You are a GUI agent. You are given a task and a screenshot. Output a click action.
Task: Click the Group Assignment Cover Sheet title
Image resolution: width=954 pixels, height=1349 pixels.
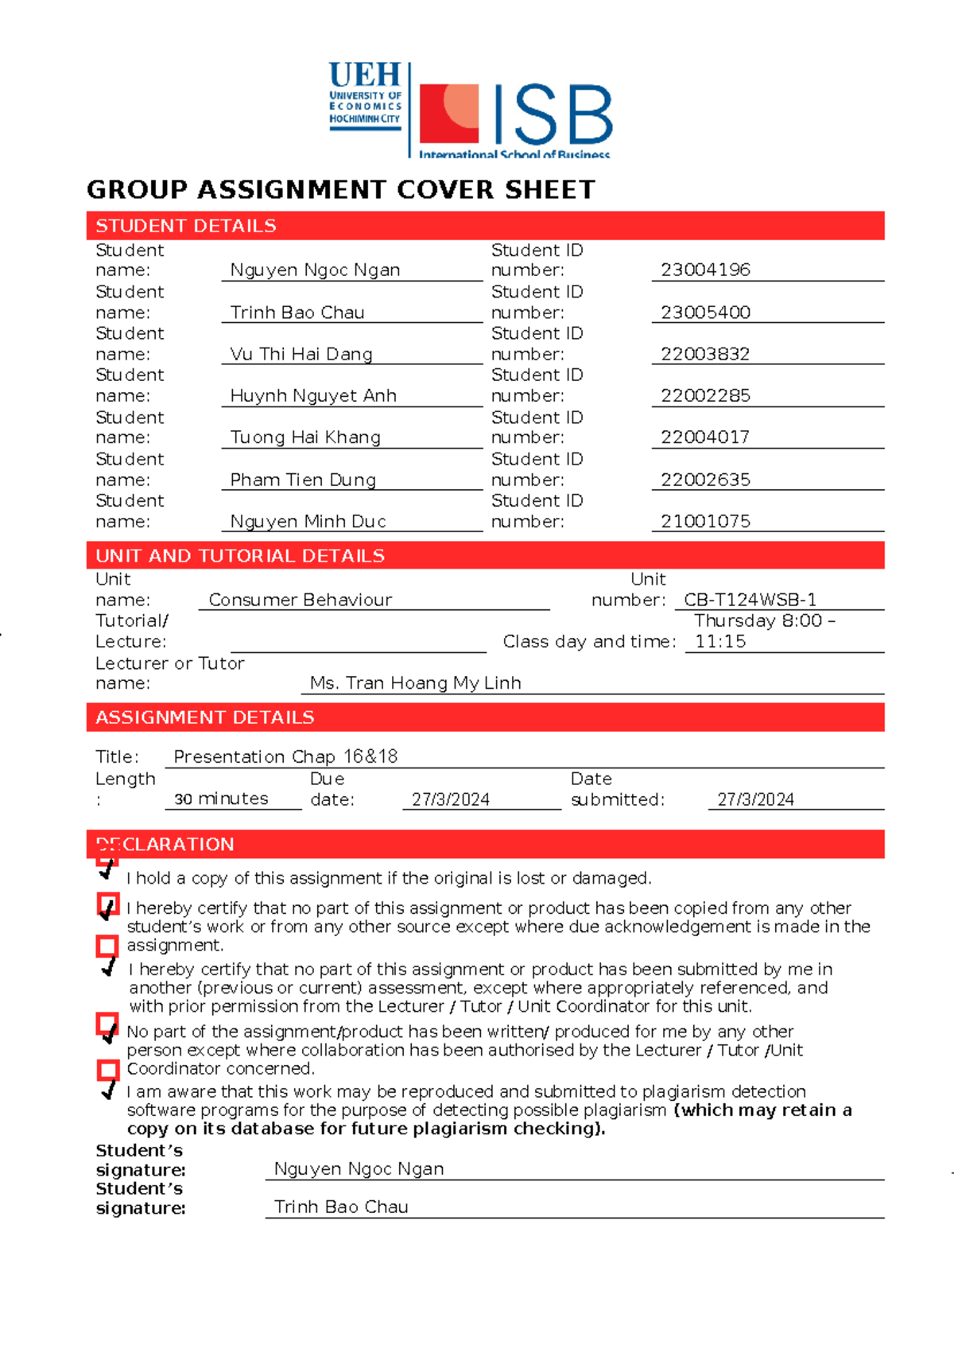click(340, 190)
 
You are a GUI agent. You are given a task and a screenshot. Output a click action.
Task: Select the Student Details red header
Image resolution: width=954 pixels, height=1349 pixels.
click(485, 226)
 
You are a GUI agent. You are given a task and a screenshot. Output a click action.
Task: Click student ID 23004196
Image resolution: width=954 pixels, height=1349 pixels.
click(705, 270)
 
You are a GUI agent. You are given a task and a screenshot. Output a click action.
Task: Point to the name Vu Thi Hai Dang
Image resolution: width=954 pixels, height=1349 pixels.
click(301, 355)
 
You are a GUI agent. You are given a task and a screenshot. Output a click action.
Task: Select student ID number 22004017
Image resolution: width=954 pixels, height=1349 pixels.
click(705, 437)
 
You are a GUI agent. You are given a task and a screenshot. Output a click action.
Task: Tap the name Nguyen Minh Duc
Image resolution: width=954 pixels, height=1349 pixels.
click(308, 522)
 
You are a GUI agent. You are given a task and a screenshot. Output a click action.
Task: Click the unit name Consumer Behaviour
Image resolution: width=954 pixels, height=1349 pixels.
click(300, 601)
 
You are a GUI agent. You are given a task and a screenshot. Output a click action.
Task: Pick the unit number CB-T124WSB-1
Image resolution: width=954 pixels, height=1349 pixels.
click(750, 601)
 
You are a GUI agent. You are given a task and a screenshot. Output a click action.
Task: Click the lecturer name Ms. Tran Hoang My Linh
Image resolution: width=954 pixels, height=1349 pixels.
click(415, 683)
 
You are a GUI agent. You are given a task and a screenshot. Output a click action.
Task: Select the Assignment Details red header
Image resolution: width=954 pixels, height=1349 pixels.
click(485, 717)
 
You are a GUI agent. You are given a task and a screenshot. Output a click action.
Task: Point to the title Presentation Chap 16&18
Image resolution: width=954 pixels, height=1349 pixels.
click(285, 756)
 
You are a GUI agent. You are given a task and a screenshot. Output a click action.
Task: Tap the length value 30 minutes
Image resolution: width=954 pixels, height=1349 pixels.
click(221, 799)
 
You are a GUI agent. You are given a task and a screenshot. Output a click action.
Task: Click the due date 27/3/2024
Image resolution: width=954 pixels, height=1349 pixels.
click(450, 800)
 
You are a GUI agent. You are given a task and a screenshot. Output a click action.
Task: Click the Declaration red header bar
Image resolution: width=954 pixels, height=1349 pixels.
click(485, 844)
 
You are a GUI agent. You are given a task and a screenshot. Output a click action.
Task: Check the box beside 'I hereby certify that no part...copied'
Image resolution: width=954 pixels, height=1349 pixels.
click(107, 904)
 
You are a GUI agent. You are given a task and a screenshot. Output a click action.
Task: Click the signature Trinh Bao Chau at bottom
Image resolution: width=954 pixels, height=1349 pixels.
click(341, 1207)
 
